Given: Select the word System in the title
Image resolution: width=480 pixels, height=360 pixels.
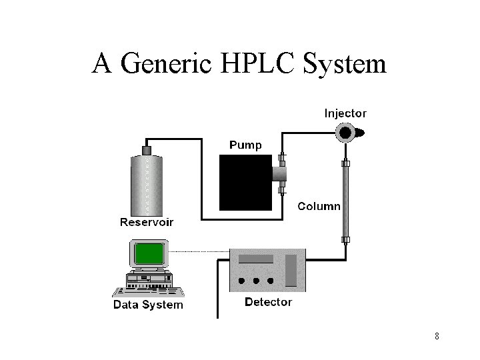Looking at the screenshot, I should point(345,65).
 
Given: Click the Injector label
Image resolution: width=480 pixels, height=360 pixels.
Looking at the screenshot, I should point(345,113).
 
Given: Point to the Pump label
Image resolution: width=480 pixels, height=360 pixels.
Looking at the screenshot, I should point(245,145).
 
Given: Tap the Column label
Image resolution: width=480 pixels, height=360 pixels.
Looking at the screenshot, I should point(319,206).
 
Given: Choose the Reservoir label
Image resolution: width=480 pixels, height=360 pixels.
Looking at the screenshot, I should point(146,222).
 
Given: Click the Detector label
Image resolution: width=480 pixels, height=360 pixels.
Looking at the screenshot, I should point(268,302).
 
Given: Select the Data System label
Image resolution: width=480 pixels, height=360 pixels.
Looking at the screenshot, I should point(148,305).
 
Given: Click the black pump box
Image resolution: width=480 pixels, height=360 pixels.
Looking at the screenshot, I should point(245,181).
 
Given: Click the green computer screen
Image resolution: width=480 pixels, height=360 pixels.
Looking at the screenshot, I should point(149,253).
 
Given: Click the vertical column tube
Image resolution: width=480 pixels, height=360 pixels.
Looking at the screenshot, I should point(345,200).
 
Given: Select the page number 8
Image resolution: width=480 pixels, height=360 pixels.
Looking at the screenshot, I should point(437,336).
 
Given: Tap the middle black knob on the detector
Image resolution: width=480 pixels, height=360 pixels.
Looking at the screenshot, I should point(256,281).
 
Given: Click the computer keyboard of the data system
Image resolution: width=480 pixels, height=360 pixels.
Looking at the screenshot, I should point(148,291).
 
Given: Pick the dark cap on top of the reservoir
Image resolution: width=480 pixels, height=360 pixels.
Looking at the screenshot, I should point(147,150).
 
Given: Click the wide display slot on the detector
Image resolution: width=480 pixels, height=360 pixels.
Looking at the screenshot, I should point(256,259).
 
